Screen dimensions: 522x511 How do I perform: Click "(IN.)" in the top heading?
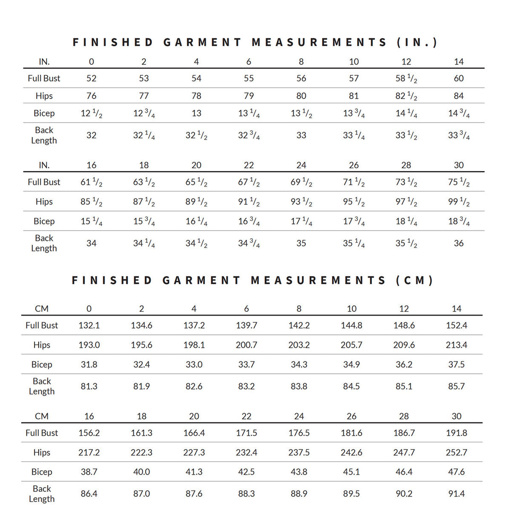tap(416, 42)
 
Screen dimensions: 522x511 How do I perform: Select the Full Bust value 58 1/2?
tap(406, 79)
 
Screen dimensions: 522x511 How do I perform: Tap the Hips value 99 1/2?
tap(458, 202)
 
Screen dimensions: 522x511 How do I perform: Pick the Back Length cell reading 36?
tap(458, 243)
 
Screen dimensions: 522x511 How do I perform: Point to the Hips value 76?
tap(91, 96)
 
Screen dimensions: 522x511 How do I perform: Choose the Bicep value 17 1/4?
tap(301, 221)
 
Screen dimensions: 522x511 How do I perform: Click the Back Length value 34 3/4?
tap(248, 243)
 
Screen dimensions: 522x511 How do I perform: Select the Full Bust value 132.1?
tap(89, 325)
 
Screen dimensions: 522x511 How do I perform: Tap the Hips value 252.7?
tap(457, 452)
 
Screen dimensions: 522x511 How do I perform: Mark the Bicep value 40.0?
tap(141, 472)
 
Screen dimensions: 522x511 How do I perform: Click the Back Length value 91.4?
tap(457, 494)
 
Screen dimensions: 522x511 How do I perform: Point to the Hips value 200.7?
tap(247, 345)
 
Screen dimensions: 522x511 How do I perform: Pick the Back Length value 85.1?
tap(404, 386)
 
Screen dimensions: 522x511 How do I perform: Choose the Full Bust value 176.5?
tap(299, 433)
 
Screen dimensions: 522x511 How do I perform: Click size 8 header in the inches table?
tap(301, 62)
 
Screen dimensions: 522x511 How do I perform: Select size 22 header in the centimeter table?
tap(247, 416)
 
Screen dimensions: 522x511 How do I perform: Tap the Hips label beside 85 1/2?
tap(44, 202)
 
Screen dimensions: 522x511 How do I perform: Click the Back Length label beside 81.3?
tap(42, 386)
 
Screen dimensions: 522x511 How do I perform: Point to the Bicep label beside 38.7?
tap(42, 472)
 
